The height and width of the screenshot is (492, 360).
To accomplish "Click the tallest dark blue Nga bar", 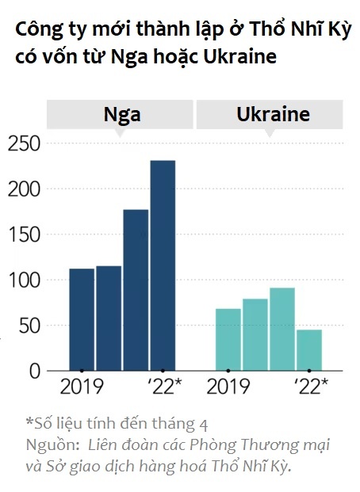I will [163, 265].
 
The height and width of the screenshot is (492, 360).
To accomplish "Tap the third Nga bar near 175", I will [136, 290].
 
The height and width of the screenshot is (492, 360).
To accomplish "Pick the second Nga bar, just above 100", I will [109, 318].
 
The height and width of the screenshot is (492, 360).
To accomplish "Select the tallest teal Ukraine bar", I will [282, 329].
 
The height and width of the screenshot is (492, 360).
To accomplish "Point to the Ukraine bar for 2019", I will [228, 339].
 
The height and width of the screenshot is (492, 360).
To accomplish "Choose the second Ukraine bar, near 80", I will [255, 334].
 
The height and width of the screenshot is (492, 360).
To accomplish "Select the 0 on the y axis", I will [33, 371].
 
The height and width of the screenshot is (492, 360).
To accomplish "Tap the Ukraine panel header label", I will [273, 114].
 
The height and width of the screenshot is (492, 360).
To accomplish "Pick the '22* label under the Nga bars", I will [164, 387].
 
